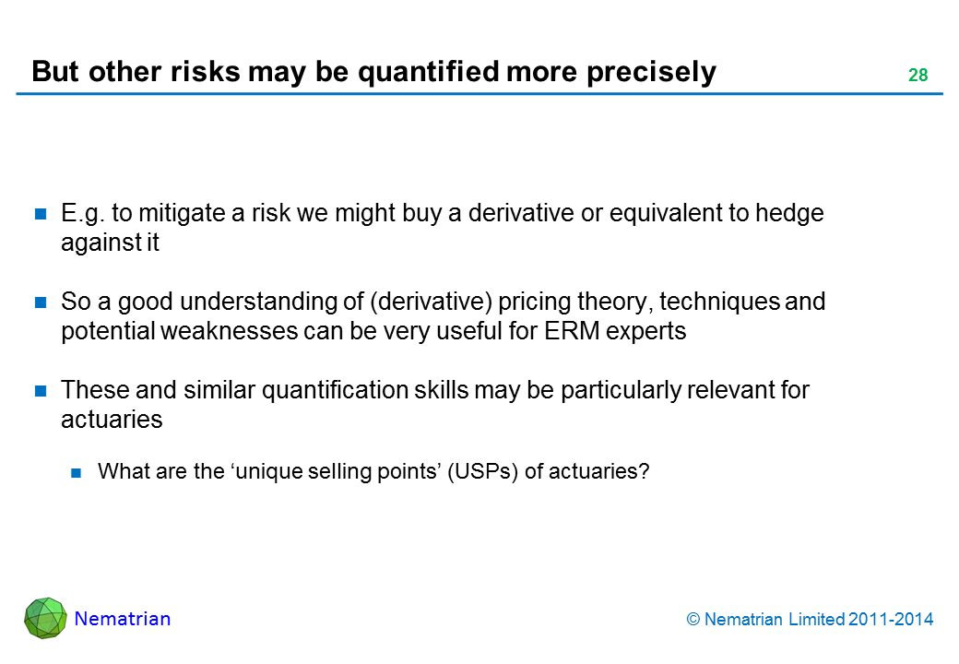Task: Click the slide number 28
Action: (x=918, y=75)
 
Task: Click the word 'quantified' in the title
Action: (x=429, y=72)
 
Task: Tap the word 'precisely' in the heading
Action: (x=651, y=73)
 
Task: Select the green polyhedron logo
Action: (x=46, y=618)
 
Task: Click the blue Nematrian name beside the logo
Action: (x=123, y=619)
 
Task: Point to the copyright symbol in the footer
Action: (x=693, y=620)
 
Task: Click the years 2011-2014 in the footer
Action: (x=891, y=620)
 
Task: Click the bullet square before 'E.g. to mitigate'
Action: (x=41, y=213)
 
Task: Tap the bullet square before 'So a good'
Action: (x=41, y=302)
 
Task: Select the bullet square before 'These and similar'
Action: (x=41, y=391)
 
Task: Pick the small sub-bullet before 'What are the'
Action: (x=76, y=472)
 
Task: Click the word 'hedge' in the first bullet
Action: (x=789, y=213)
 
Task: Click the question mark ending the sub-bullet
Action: (x=644, y=471)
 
